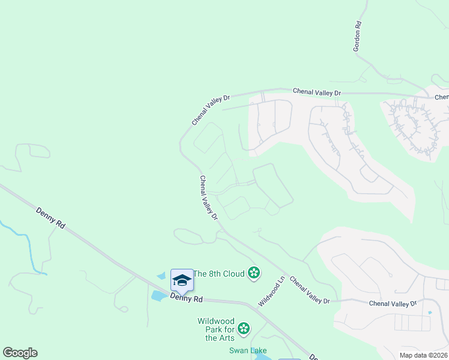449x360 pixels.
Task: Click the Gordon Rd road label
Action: (358, 36)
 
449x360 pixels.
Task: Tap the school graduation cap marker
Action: (182, 280)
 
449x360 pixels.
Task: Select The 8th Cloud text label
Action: (220, 274)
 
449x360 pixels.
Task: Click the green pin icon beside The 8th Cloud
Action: (254, 274)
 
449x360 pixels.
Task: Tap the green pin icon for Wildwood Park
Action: (243, 328)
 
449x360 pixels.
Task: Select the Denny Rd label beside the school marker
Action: (186, 298)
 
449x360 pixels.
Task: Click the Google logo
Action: (20, 353)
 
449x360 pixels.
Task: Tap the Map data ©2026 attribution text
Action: (423, 355)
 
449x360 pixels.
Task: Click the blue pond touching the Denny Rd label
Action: (160, 295)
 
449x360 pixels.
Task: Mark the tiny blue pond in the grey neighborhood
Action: (430, 313)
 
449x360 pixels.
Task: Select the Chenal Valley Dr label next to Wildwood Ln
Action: (310, 290)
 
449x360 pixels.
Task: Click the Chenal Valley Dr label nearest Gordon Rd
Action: (316, 92)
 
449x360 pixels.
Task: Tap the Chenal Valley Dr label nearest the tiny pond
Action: (393, 304)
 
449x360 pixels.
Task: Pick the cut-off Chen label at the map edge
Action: (441, 97)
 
